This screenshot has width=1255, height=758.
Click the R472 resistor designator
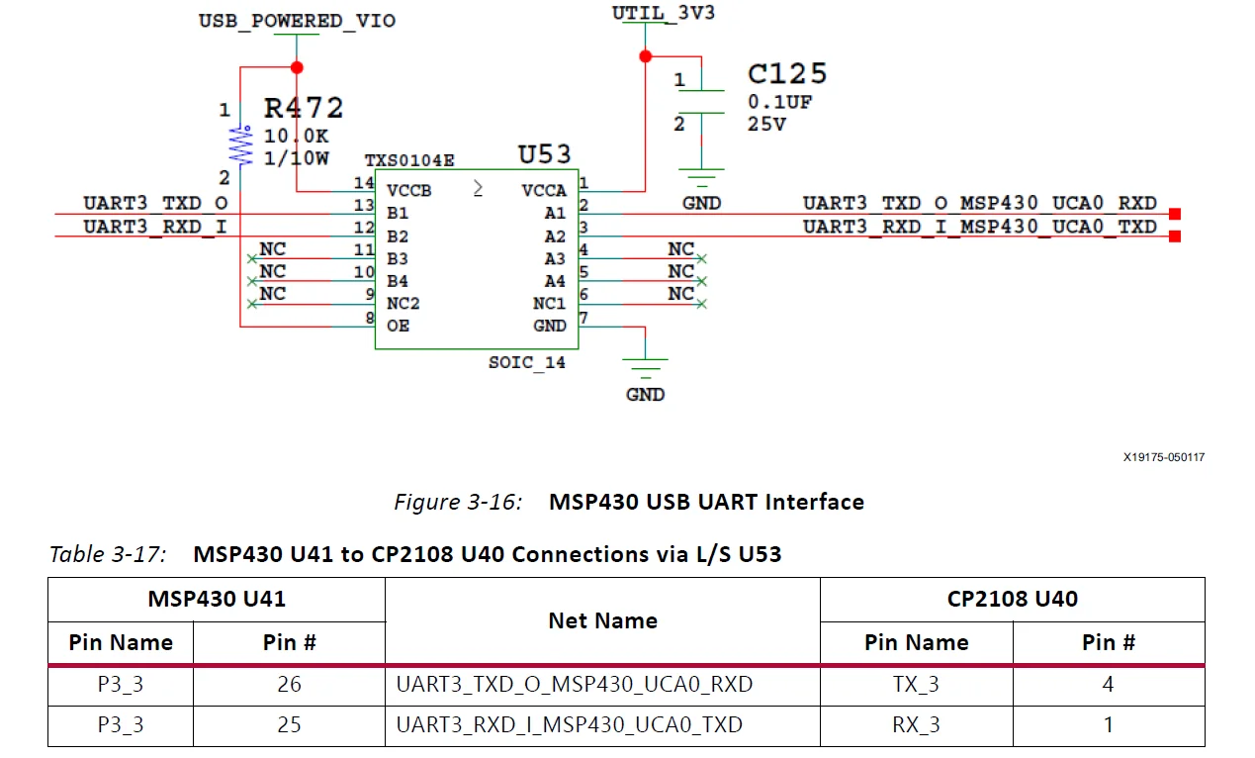pyautogui.click(x=304, y=107)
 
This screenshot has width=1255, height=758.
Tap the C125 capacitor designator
pyautogui.click(x=787, y=74)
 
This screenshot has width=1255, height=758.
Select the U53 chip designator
pyautogui.click(x=545, y=154)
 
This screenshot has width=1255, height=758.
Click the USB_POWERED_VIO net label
pyautogui.click(x=297, y=21)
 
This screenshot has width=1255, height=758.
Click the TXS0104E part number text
pyautogui.click(x=409, y=160)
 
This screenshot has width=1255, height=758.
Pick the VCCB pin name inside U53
pyautogui.click(x=408, y=190)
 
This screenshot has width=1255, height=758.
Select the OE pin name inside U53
pyautogui.click(x=398, y=326)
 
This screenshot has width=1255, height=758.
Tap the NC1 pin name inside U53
pyautogui.click(x=550, y=304)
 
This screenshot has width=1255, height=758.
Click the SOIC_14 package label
pyautogui.click(x=527, y=362)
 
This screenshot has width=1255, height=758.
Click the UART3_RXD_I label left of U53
pyautogui.click(x=155, y=226)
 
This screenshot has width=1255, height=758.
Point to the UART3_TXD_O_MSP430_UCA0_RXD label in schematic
pyautogui.click(x=979, y=203)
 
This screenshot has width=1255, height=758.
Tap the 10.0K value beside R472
pyautogui.click(x=296, y=137)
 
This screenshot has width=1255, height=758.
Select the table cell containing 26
pyautogui.click(x=289, y=684)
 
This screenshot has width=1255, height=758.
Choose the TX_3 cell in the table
pyautogui.click(x=916, y=684)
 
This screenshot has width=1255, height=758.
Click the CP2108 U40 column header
pyautogui.click(x=1012, y=599)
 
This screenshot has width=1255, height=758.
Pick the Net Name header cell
pyautogui.click(x=602, y=620)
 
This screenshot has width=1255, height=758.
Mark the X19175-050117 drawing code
pyautogui.click(x=1163, y=457)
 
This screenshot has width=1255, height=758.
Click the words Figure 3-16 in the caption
pyautogui.click(x=457, y=502)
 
